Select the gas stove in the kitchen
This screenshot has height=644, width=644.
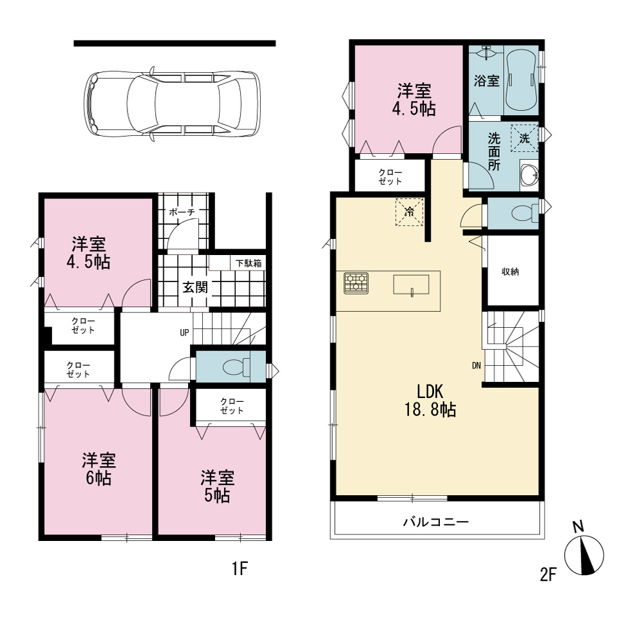click(x=356, y=283)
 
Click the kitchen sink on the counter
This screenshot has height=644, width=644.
click(x=411, y=285)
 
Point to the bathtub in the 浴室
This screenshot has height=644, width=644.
click(x=521, y=80)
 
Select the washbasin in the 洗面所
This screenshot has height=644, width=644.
click(x=529, y=175)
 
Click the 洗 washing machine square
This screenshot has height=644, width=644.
click(x=524, y=138)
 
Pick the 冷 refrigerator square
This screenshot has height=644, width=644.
click(x=410, y=212)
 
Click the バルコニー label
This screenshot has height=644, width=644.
click(x=436, y=522)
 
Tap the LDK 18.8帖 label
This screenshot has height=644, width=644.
click(x=430, y=401)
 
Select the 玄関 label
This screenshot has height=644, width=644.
click(x=195, y=287)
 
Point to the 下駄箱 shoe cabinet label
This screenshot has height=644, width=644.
click(x=249, y=263)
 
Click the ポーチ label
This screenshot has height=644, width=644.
click(x=182, y=213)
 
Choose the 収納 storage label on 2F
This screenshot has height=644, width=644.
click(x=510, y=272)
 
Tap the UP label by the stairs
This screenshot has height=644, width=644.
click(x=184, y=332)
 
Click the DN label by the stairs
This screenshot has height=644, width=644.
click(x=477, y=365)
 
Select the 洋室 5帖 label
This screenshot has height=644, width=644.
click(x=217, y=486)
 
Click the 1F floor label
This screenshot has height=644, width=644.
click(x=240, y=569)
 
